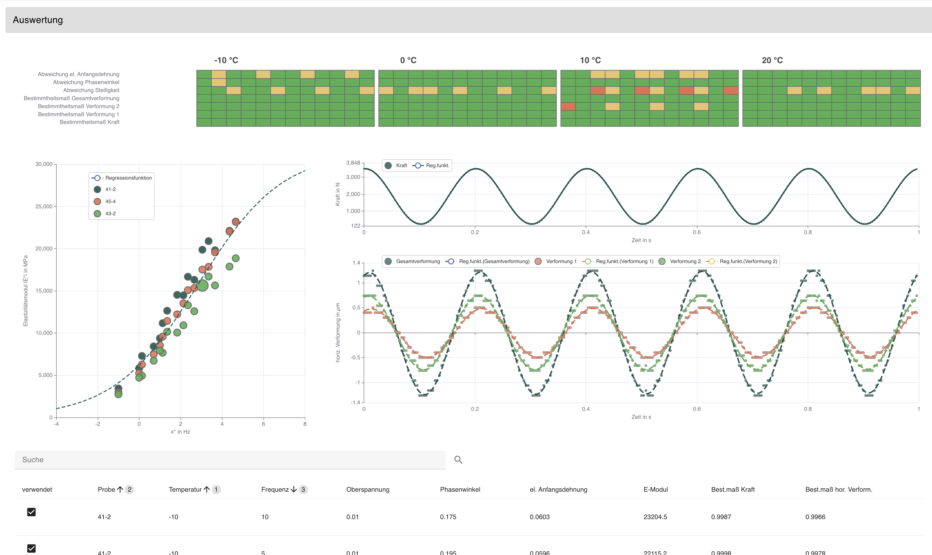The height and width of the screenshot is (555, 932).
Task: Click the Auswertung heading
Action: click(x=38, y=20)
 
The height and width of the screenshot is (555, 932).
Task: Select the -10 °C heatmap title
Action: click(x=226, y=60)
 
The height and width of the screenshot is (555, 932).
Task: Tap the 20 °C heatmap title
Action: click(x=772, y=60)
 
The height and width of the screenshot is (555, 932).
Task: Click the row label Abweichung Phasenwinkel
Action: click(x=86, y=82)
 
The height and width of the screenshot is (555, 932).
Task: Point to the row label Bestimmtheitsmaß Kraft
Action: click(x=89, y=122)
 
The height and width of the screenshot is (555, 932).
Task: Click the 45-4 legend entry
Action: click(x=110, y=202)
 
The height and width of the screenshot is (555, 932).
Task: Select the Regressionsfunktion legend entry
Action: click(x=128, y=178)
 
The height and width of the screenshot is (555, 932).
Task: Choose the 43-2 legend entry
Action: click(x=110, y=213)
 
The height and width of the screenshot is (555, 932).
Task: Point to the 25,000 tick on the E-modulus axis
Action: click(x=44, y=206)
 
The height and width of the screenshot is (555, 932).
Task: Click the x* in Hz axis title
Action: click(x=180, y=431)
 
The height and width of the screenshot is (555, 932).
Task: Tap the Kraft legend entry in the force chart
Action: click(x=401, y=166)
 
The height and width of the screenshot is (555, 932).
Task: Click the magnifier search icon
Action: click(x=458, y=460)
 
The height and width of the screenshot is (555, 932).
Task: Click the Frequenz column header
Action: click(x=275, y=490)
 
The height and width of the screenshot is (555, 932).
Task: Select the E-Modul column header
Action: click(x=655, y=490)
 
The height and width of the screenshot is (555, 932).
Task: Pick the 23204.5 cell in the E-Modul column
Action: click(x=655, y=517)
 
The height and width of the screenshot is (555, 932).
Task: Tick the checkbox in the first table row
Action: click(x=32, y=512)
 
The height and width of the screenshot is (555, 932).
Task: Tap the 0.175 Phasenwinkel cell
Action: click(x=448, y=517)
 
